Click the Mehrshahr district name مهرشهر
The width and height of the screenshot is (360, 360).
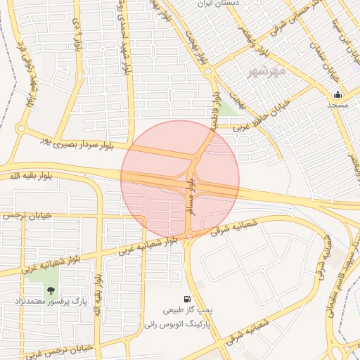tap(267, 72)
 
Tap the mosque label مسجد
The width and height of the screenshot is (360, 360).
tap(337, 104)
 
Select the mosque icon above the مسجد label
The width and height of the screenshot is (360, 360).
tap(337, 94)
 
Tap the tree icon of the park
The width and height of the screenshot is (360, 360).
tap(51, 290)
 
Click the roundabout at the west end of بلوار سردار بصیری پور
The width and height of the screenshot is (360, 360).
tap(21, 129)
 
